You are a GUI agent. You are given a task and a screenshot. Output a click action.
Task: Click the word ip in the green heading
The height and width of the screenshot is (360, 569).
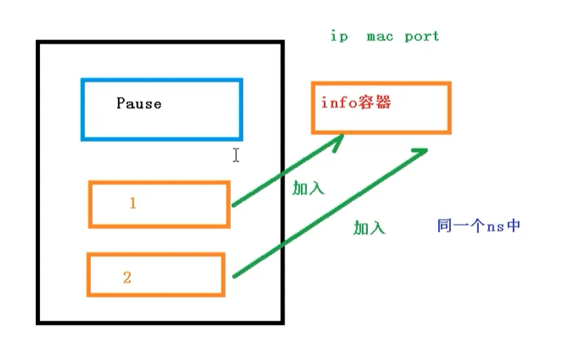339,36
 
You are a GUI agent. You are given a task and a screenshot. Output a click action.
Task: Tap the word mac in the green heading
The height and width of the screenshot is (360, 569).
380,36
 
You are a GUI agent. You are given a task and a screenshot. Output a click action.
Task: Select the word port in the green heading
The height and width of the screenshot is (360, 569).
422,36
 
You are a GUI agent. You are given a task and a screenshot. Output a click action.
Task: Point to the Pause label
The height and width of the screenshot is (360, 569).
139,104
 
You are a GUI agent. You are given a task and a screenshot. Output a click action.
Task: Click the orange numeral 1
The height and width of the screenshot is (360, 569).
133,204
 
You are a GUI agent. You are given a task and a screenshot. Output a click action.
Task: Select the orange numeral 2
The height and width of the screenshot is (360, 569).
127,278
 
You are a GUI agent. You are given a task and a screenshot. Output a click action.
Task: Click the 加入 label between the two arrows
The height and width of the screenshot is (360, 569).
308,189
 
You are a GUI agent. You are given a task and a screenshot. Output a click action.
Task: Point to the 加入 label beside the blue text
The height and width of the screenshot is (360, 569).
369,229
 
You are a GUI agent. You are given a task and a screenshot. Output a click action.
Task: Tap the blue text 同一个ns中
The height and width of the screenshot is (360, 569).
478,226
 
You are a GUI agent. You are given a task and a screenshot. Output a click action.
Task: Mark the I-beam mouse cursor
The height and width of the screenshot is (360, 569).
236,155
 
